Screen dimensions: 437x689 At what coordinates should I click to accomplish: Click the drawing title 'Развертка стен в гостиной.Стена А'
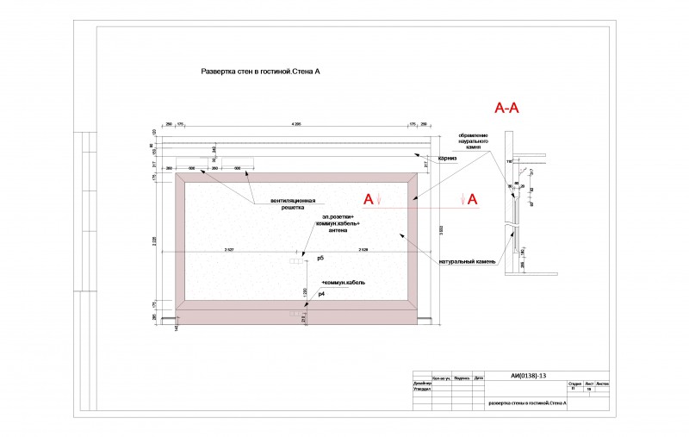[260, 73]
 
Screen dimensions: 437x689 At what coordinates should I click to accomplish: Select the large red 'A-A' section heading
[506, 109]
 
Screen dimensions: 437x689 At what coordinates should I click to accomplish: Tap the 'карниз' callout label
[446, 159]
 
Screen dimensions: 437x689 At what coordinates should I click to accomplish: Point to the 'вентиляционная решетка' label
[289, 204]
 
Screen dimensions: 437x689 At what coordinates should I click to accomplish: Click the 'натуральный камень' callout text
[465, 260]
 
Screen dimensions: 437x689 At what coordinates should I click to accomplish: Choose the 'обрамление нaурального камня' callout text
[473, 141]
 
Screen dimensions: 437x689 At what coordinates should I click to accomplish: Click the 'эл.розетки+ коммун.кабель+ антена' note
[337, 223]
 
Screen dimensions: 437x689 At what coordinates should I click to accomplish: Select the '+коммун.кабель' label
[344, 283]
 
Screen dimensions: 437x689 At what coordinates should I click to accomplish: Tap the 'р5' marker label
[320, 258]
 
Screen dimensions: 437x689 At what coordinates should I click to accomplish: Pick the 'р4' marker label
[321, 295]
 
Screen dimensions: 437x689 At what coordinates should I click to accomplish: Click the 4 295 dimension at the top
[296, 125]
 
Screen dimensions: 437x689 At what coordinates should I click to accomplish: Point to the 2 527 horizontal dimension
[231, 249]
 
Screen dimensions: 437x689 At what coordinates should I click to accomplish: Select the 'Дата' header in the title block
[479, 378]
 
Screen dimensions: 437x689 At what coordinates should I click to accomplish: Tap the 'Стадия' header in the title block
[575, 384]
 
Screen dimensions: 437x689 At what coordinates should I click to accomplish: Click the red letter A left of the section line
[368, 199]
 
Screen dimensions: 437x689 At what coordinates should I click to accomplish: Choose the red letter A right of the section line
[472, 199]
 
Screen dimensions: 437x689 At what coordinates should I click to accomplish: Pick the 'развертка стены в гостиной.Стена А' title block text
[527, 403]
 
